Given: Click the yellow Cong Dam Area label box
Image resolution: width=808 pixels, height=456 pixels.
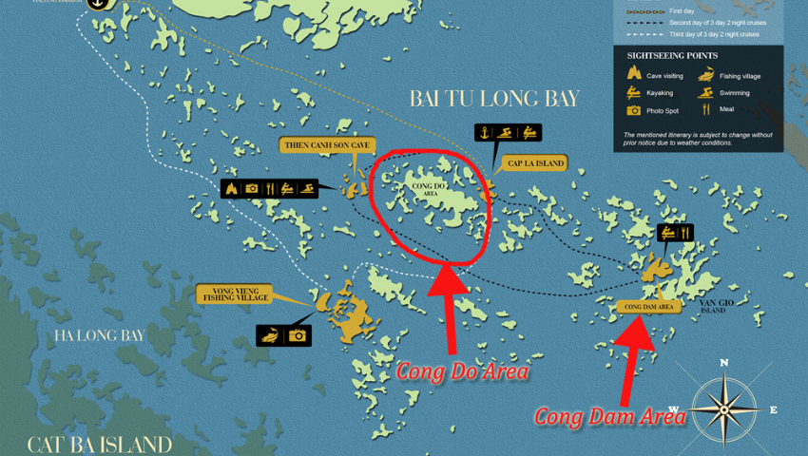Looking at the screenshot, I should point(646,307).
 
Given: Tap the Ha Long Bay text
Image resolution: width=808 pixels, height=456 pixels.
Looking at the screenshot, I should point(99,335).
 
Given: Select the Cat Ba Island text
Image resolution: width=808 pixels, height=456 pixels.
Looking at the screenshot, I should point(99,444).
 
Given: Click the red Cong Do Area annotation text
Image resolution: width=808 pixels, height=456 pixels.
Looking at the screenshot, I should point(462,371).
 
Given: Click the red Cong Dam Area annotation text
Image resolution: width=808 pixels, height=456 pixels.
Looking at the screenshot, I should point(609,415).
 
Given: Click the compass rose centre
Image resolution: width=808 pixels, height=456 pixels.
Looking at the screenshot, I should point(724,409).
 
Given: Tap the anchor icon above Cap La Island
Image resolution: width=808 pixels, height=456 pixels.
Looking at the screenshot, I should point(484,132).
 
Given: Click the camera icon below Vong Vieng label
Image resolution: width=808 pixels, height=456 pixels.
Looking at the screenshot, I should point(297,335).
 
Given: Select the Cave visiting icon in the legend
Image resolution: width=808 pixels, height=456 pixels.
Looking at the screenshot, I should point(632,74).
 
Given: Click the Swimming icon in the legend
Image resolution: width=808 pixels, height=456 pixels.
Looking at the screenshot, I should point(707,92).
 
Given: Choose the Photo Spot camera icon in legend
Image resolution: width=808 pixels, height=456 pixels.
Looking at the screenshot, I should point(632,109).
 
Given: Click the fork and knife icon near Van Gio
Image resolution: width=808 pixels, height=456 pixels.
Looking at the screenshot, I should point(683,232).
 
